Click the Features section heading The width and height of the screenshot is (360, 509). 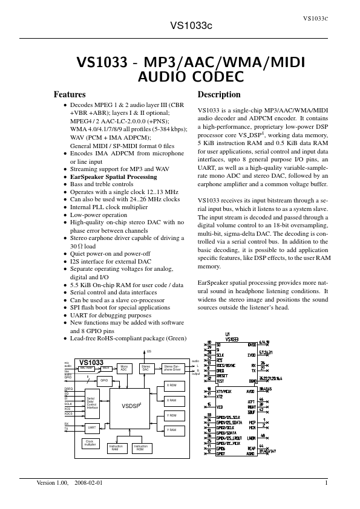point(70,95)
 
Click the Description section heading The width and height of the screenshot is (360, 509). point(219,95)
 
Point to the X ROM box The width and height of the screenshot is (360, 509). point(171,385)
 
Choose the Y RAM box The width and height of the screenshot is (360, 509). point(171,430)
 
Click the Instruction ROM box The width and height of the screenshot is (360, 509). point(140,448)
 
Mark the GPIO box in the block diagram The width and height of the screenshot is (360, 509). point(103,380)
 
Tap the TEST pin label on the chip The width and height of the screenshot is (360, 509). point(220,381)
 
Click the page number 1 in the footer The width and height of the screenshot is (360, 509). point(326,483)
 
